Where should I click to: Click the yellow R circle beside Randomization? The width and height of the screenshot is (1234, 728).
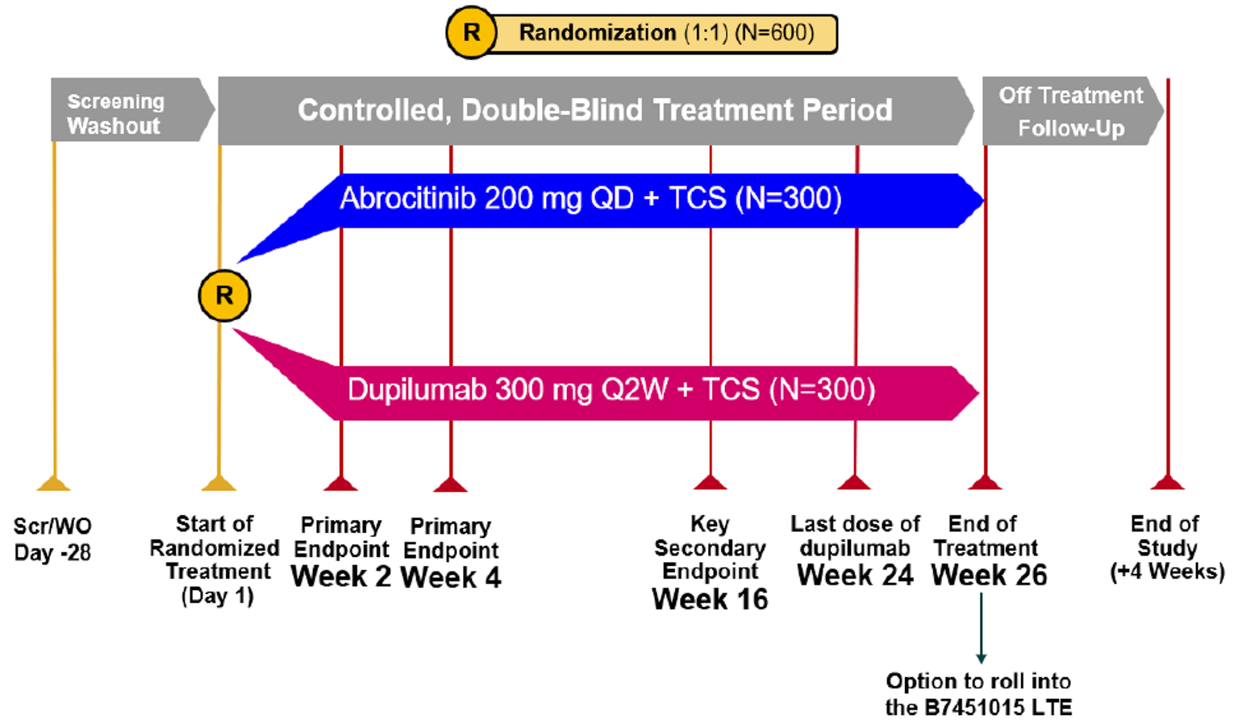(471, 33)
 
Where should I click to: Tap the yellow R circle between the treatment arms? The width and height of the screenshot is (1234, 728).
(224, 296)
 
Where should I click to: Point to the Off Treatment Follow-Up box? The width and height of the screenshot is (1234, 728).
(1069, 111)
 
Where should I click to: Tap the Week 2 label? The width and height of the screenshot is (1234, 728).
(341, 576)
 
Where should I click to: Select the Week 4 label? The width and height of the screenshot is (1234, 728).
(450, 577)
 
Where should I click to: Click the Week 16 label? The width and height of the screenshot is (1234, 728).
(710, 599)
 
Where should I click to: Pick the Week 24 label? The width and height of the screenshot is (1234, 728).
(855, 576)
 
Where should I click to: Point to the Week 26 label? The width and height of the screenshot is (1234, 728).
(989, 576)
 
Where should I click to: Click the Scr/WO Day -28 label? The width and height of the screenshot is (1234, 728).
(53, 539)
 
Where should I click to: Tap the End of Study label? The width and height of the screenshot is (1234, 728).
(1166, 547)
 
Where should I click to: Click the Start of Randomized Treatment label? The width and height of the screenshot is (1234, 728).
(215, 560)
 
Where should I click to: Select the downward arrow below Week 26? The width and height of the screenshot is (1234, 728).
(981, 629)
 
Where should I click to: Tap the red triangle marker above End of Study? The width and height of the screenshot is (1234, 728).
(1167, 482)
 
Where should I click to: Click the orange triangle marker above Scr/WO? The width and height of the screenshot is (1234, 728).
(54, 483)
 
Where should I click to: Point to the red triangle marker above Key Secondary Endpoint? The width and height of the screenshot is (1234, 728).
(710, 482)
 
